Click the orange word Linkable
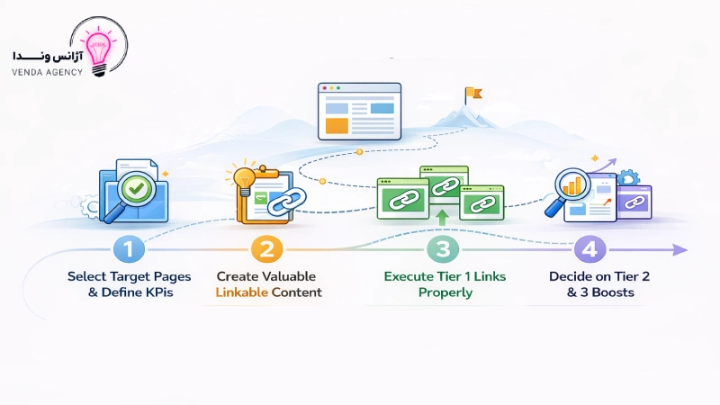coord(242,292)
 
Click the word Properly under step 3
coord(445,292)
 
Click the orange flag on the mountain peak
coord(473,92)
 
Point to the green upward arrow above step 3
coord(441,215)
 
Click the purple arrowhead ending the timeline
coord(680,250)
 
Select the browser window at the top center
coord(360,111)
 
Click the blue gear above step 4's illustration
coord(628,178)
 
